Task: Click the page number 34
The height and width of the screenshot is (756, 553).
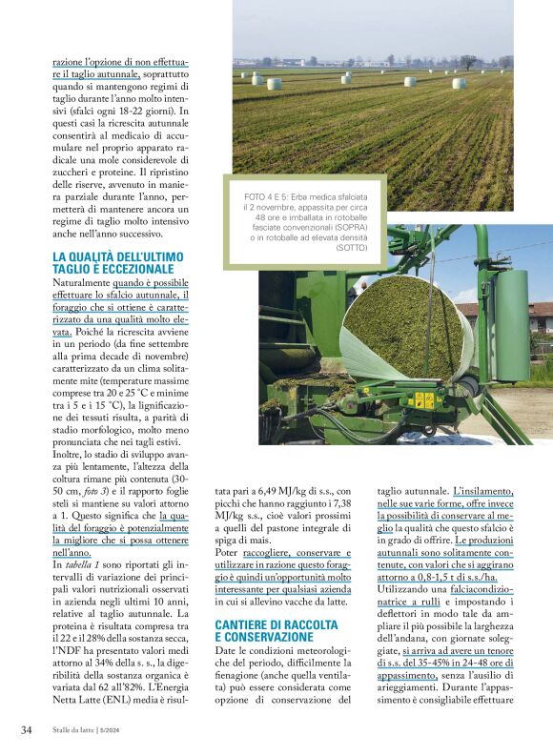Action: click(27, 731)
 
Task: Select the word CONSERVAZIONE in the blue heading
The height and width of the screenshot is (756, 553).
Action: click(263, 636)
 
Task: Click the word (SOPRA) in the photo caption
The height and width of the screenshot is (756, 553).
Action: click(346, 229)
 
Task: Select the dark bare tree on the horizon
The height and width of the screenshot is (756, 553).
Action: click(468, 62)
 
